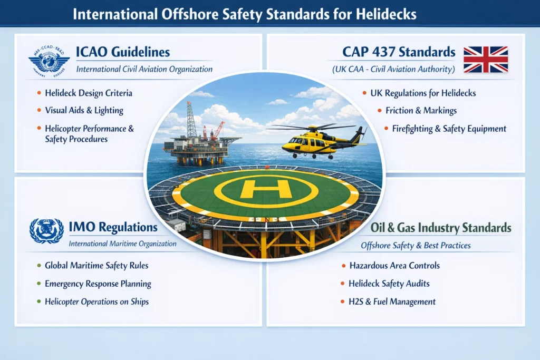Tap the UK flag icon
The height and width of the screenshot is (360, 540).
(x=485, y=59)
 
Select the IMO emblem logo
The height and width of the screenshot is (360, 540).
(x=46, y=230)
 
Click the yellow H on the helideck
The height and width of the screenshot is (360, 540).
(x=266, y=189)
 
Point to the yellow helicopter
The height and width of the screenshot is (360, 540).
(x=317, y=140)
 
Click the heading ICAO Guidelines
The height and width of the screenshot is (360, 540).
(x=122, y=52)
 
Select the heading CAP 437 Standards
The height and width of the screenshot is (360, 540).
(x=399, y=52)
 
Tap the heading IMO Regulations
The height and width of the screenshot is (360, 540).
(x=113, y=227)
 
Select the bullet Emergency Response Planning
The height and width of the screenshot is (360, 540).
(x=98, y=284)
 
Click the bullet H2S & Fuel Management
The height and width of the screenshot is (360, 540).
(x=392, y=301)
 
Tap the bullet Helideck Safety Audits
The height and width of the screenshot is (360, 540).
(x=389, y=284)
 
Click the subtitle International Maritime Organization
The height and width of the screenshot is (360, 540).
(x=123, y=244)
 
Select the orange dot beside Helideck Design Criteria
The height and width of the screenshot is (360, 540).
(x=39, y=93)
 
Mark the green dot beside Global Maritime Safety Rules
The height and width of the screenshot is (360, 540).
(x=39, y=266)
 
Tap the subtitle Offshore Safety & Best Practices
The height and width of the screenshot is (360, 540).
(x=416, y=245)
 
